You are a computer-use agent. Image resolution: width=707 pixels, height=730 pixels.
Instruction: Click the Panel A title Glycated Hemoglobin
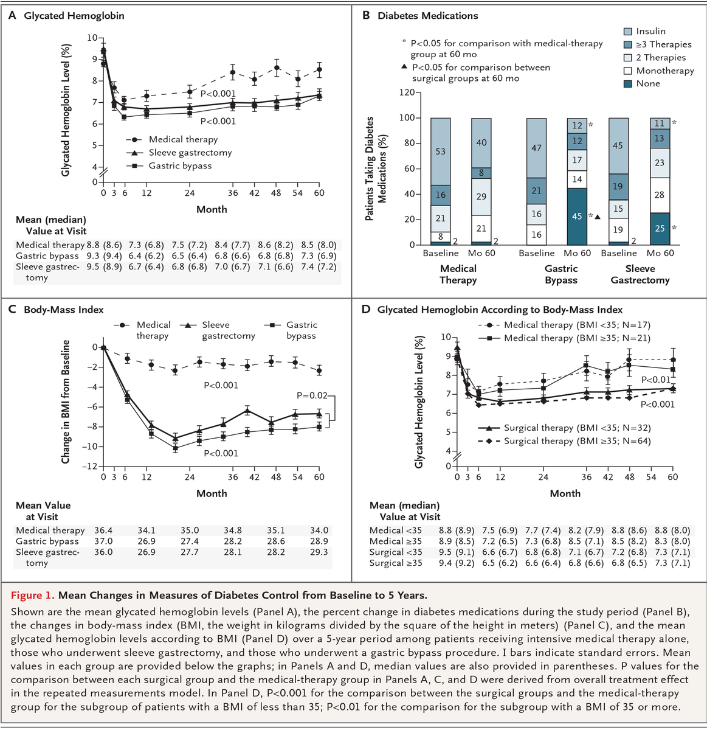coord(74,16)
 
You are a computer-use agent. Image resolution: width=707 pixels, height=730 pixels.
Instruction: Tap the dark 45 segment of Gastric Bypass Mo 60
coord(577,217)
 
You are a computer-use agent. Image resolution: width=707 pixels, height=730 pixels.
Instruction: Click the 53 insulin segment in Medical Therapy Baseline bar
coord(440,151)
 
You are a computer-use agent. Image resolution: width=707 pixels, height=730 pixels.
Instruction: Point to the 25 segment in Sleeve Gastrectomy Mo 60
coord(660,229)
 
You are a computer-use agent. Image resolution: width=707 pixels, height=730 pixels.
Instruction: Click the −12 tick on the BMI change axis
coord(91,467)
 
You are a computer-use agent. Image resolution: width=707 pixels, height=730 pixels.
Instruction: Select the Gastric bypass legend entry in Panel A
coord(180,165)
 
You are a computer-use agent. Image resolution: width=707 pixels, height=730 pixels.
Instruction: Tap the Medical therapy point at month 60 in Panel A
coord(319,69)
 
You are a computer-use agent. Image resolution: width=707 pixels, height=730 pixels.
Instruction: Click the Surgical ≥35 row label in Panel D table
coord(396,563)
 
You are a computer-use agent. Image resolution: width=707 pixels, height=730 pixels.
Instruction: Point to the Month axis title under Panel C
coord(212,493)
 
